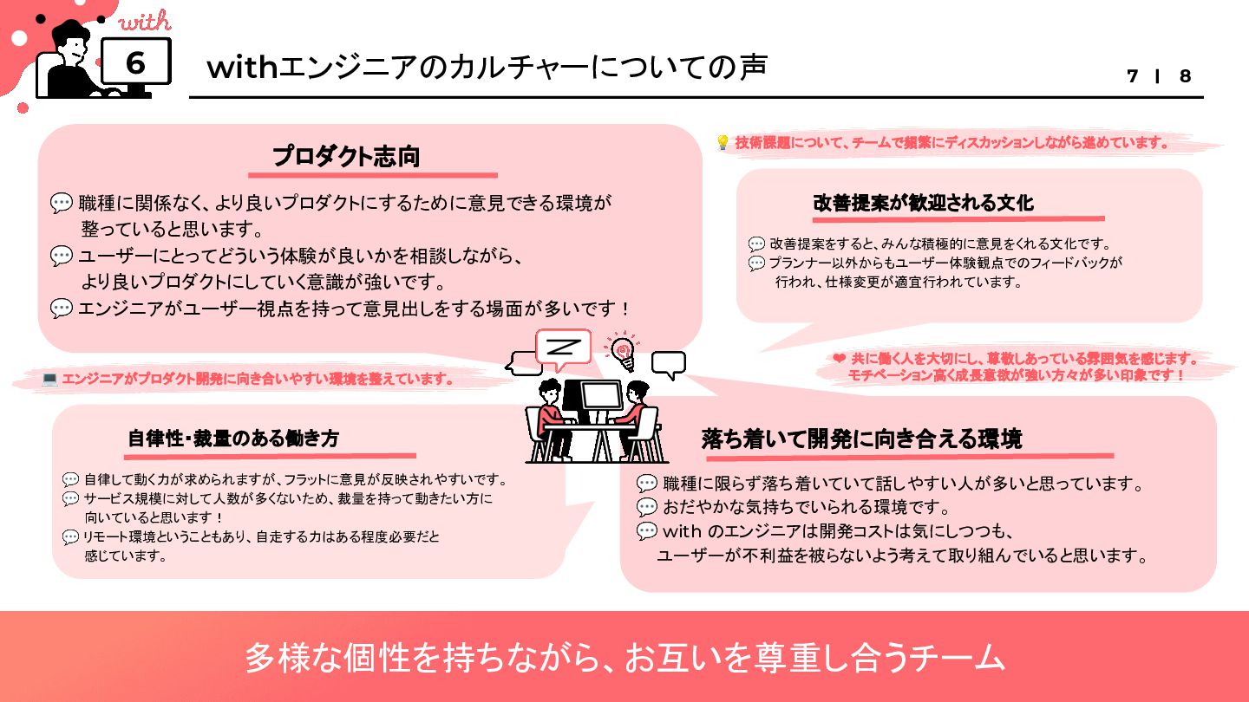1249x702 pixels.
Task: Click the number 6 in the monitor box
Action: (x=135, y=62)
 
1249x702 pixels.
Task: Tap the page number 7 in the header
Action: (x=1132, y=76)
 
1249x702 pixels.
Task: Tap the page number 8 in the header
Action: (x=1185, y=76)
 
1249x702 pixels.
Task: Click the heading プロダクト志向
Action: (x=346, y=157)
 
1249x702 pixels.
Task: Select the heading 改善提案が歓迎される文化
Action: (x=923, y=204)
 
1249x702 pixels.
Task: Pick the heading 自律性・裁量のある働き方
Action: (x=233, y=439)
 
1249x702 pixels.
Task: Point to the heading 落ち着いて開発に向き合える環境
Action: (x=861, y=439)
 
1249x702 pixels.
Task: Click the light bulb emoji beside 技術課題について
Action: (x=723, y=143)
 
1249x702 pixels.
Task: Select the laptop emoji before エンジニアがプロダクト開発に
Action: (x=49, y=379)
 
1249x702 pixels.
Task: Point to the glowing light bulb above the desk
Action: (x=622, y=350)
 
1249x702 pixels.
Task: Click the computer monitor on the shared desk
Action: (x=599, y=400)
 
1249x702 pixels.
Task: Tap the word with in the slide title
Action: (x=240, y=67)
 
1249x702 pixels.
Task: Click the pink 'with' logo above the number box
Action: (x=144, y=22)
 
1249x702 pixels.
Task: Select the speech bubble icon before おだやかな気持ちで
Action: (x=647, y=507)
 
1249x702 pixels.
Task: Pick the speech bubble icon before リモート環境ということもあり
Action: (x=71, y=537)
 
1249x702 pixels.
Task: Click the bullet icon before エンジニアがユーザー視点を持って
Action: (x=62, y=308)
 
